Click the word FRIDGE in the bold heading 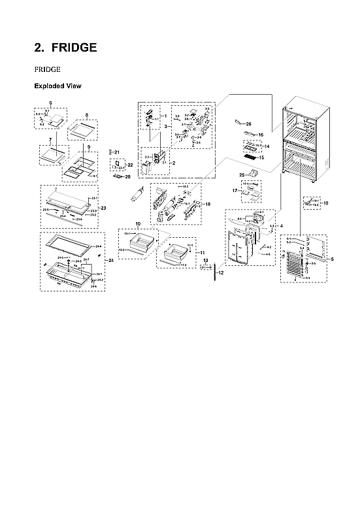(74, 48)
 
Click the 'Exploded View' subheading (57, 86)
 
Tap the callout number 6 (50, 103)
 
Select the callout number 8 (86, 114)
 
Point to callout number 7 (50, 140)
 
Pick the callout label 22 (130, 165)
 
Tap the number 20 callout (127, 176)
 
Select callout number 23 (103, 208)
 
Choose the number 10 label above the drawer (138, 224)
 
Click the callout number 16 (260, 135)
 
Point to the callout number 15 (261, 157)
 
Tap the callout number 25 (241, 175)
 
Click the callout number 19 (326, 203)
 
